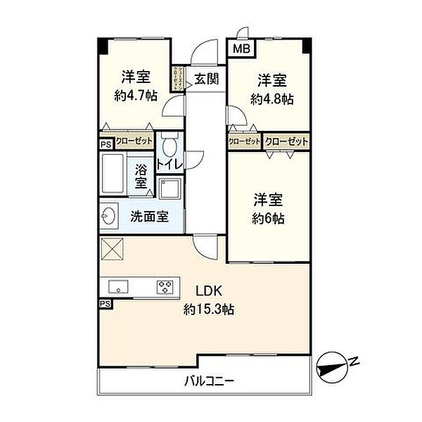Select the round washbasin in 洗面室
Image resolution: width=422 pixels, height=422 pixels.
[x=109, y=216]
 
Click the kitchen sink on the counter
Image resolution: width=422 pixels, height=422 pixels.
[x=117, y=286]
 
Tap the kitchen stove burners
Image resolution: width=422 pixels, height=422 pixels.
[x=165, y=286]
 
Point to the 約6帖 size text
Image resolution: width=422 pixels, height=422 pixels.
[x=269, y=218]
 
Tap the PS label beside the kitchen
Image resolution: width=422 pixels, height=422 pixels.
[x=105, y=303]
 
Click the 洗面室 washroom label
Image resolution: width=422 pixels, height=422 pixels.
[x=149, y=217]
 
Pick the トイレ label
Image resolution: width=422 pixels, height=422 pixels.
[x=170, y=165]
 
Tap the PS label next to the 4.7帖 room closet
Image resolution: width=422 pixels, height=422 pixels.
[x=105, y=143]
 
